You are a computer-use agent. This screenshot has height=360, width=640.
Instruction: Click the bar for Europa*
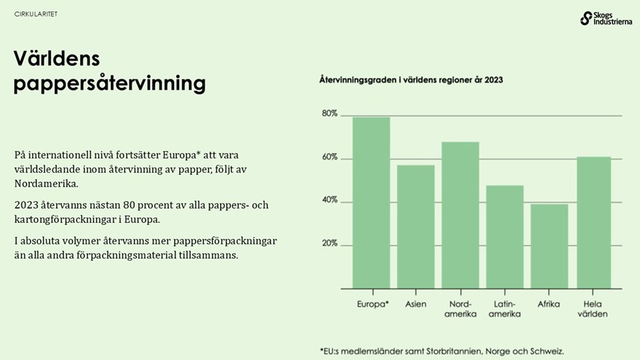click(371, 202)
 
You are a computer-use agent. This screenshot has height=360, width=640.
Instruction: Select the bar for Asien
click(416, 227)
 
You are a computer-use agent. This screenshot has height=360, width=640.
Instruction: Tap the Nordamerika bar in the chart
click(460, 215)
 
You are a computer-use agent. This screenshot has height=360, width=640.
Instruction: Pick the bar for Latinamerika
click(505, 236)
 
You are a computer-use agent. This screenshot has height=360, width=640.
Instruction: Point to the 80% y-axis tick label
click(329, 114)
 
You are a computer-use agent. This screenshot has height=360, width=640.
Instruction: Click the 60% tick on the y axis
click(329, 158)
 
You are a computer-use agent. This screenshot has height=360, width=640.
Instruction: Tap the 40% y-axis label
click(329, 201)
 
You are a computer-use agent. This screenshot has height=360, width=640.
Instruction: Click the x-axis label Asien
click(416, 304)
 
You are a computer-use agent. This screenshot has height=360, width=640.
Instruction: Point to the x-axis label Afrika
click(549, 304)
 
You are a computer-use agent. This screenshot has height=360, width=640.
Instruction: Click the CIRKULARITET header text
click(36, 14)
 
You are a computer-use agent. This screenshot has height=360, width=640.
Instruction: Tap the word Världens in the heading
click(57, 59)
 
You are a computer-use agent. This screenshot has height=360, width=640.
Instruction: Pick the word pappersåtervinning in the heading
click(109, 84)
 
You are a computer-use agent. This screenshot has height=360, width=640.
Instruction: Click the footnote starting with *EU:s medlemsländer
click(441, 351)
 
